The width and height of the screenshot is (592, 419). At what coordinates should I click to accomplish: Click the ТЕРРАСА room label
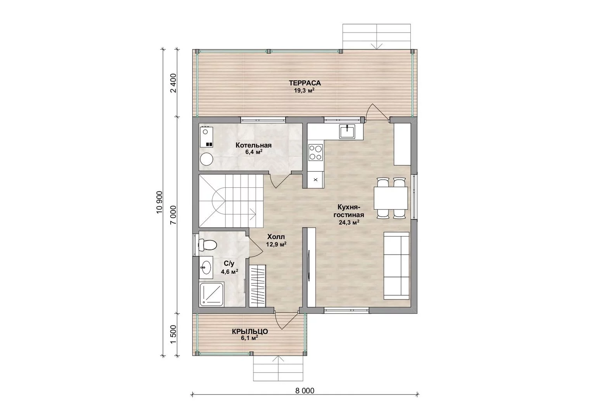(305, 83)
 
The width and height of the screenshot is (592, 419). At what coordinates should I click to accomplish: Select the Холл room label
(276, 237)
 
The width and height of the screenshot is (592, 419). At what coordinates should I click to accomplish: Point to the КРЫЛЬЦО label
(250, 331)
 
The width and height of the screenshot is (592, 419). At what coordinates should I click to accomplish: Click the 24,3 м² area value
(349, 222)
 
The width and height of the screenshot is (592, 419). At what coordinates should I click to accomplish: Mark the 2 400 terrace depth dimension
(174, 83)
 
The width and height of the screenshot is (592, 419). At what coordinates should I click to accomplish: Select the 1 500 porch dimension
(174, 334)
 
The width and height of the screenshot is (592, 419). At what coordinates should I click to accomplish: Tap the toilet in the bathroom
(208, 244)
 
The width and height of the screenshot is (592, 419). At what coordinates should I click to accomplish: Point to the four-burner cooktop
(315, 152)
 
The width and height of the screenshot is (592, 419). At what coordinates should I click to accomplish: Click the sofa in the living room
(396, 265)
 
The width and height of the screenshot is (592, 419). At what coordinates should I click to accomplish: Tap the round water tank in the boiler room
(207, 159)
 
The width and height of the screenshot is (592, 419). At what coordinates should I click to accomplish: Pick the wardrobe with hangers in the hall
(258, 286)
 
